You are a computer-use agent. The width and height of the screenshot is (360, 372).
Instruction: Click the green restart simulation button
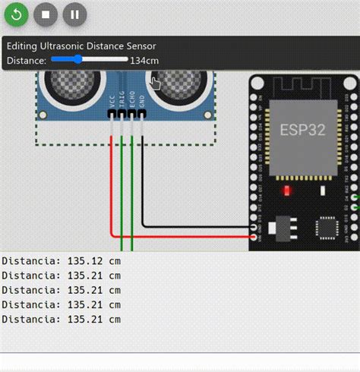pos(17,14)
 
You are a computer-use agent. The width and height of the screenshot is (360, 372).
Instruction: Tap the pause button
pos(74,14)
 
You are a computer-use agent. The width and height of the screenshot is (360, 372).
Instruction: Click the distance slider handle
pos(77,58)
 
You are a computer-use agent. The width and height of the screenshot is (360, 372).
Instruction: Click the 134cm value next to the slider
pos(144,60)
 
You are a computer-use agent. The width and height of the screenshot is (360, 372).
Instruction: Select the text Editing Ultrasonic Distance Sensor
pos(81,46)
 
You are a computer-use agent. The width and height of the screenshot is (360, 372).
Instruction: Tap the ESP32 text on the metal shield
pos(302,129)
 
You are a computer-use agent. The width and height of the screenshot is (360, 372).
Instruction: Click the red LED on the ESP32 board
pos(286,190)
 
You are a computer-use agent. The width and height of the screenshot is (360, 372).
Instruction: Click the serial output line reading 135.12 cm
pos(61,261)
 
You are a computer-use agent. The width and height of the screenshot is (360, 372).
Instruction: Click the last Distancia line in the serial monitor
pos(61,319)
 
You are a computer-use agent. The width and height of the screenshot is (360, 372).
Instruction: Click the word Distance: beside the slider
pos(27,60)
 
